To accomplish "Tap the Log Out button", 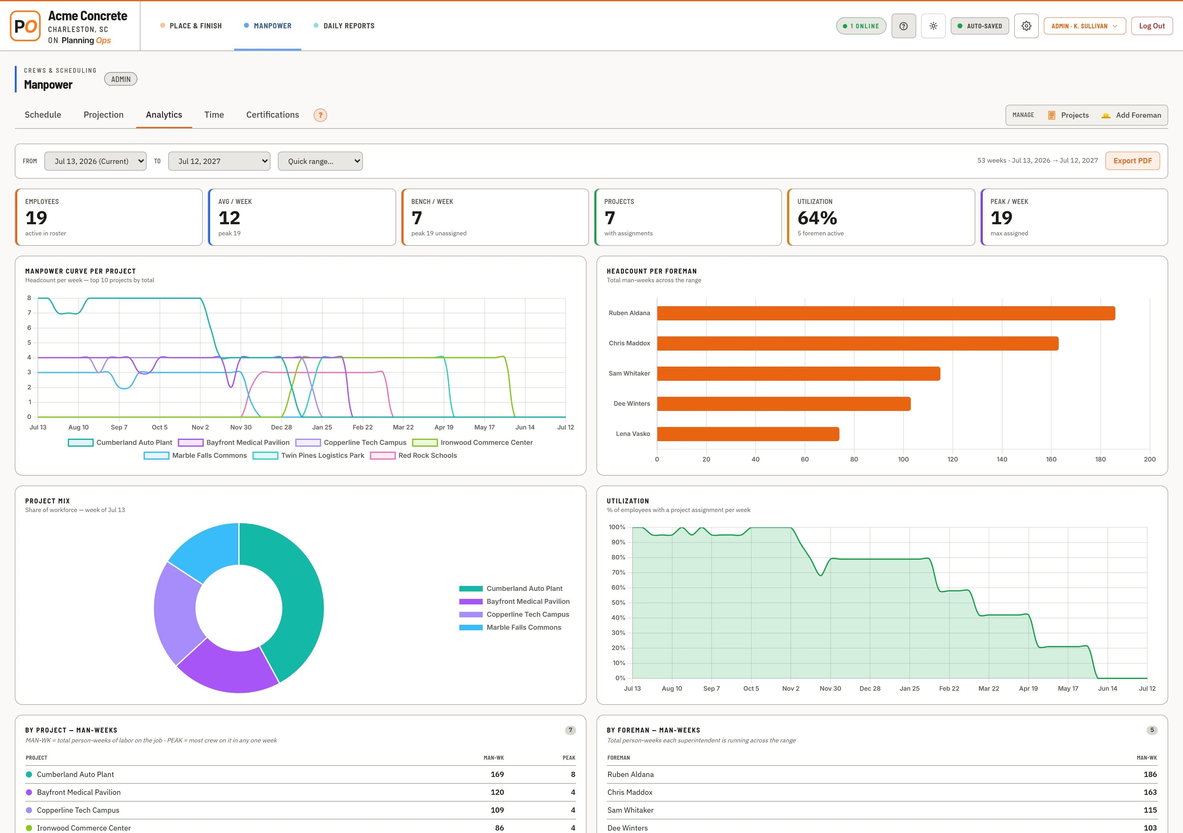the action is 1152,26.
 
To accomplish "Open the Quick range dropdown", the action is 320,161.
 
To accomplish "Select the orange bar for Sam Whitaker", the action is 798,373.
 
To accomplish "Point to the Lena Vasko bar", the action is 748,434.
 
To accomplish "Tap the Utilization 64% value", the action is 817,218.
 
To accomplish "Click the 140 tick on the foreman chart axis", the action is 1002,459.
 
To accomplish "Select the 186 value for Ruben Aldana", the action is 1150,774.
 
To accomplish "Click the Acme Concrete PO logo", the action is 25,26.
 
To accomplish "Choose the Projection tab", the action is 104,115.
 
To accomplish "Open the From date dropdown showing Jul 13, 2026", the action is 95,161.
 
